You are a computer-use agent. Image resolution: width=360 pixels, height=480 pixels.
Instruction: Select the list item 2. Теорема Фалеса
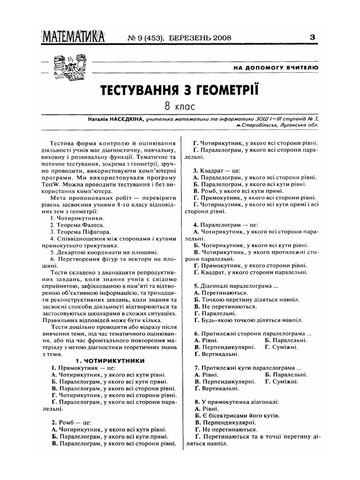77,225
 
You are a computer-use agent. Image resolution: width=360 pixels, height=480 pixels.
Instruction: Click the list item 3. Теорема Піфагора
80,232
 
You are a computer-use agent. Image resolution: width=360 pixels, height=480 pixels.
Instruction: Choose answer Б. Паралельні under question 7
286,375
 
